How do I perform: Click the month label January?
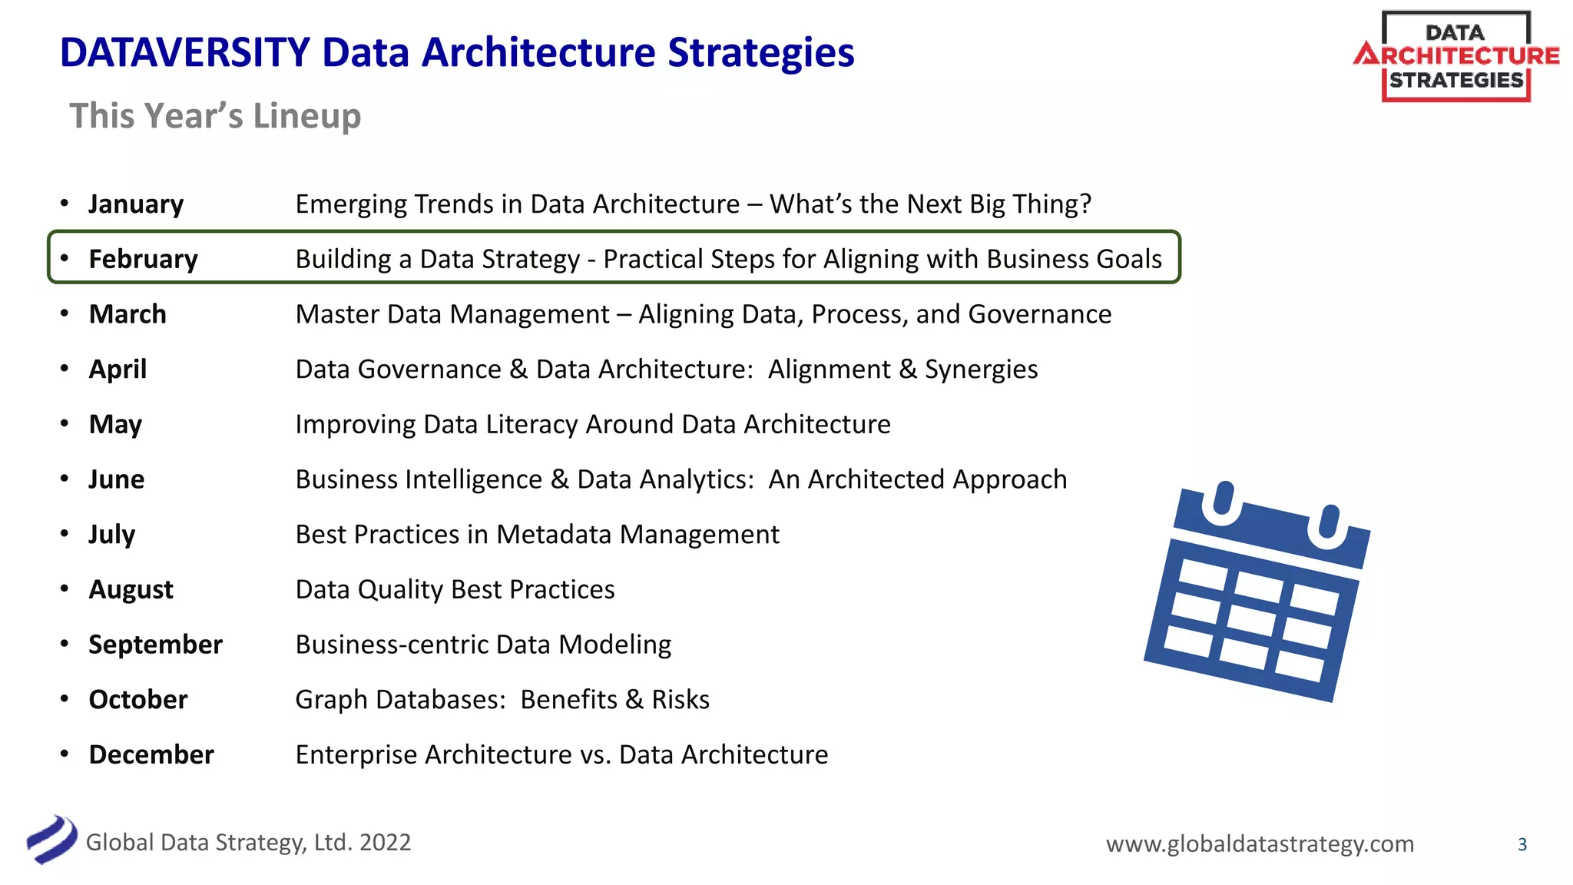tap(136, 204)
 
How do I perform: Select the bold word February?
tap(143, 260)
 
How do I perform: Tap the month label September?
tap(155, 645)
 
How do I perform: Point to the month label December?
tap(151, 754)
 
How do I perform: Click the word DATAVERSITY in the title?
tap(184, 53)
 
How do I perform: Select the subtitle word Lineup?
tap(307, 116)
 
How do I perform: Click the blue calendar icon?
tap(1257, 592)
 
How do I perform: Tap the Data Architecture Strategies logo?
tap(1455, 57)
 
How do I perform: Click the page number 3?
tap(1522, 844)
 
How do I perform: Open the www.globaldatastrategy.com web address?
tap(1260, 844)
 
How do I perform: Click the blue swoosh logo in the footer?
tap(52, 840)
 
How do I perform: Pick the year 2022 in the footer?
tap(385, 843)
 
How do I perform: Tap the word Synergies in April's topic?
tap(981, 370)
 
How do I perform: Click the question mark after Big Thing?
tap(1085, 204)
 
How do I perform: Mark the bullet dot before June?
tap(65, 479)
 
